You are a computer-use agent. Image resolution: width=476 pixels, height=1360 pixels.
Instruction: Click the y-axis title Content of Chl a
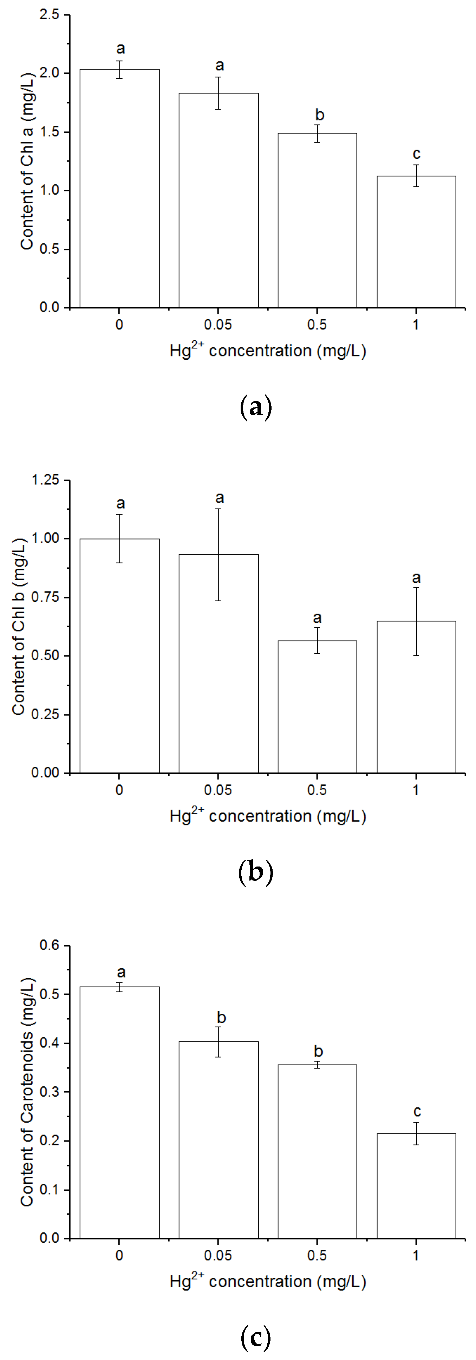[x=26, y=161]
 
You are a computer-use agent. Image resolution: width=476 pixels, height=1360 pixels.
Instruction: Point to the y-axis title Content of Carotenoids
[x=26, y=1092]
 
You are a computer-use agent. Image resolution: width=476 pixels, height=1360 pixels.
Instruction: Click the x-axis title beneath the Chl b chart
[x=268, y=816]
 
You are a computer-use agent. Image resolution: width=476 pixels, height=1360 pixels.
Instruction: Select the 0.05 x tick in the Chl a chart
[x=218, y=324]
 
